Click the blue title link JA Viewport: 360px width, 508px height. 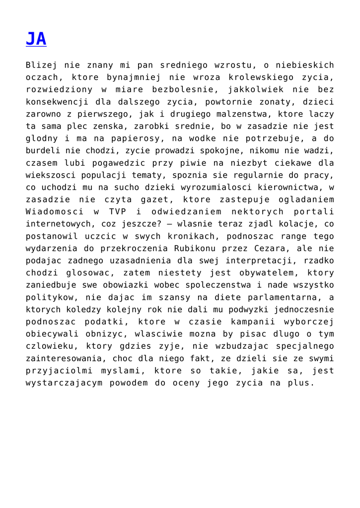pos(36,39)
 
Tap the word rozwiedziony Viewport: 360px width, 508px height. pos(58,90)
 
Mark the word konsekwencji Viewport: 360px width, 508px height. pos(58,102)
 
